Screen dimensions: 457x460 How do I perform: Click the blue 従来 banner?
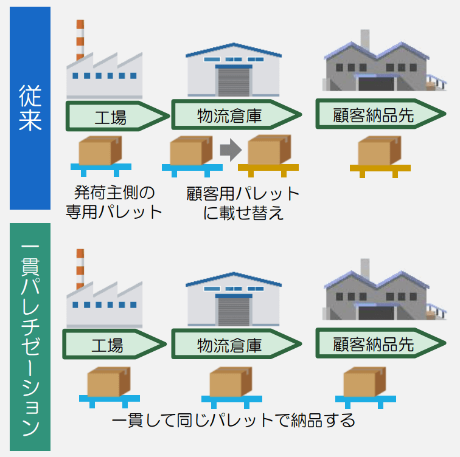(x=30, y=108)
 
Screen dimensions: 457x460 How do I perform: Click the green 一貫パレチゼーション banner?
(x=30, y=338)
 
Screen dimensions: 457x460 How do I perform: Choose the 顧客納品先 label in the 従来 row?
(x=374, y=115)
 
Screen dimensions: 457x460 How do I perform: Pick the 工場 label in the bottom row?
(x=111, y=345)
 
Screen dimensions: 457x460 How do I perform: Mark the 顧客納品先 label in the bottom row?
(x=374, y=344)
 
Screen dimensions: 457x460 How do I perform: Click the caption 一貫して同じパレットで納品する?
(x=233, y=420)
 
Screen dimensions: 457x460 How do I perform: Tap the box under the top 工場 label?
(x=100, y=149)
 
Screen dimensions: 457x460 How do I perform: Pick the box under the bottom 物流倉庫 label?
(x=230, y=381)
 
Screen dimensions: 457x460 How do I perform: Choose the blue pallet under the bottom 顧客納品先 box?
(x=365, y=399)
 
